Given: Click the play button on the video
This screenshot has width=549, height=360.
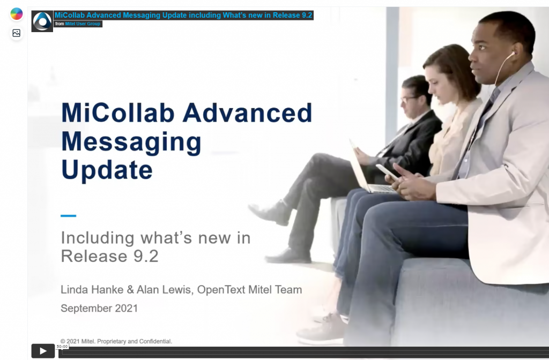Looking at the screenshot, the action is pyautogui.click(x=43, y=351).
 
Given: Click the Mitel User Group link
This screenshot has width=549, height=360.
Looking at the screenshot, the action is pyautogui.click(x=83, y=24).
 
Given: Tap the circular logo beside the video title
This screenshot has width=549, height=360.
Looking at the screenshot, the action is pyautogui.click(x=42, y=21).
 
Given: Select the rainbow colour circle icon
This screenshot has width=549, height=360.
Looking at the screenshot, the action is pyautogui.click(x=17, y=14).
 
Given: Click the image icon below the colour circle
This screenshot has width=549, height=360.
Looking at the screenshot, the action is pyautogui.click(x=17, y=33).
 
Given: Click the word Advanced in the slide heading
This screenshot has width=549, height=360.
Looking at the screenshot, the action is pyautogui.click(x=247, y=112).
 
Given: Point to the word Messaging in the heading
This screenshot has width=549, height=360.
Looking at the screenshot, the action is pyautogui.click(x=131, y=142).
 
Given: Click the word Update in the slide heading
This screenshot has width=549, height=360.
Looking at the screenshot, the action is pyautogui.click(x=107, y=170).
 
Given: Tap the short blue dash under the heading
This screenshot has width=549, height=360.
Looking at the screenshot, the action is pyautogui.click(x=68, y=216).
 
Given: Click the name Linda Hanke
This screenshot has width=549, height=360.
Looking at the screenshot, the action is pyautogui.click(x=92, y=290).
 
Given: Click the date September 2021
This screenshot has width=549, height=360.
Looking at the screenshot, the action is pyautogui.click(x=99, y=308).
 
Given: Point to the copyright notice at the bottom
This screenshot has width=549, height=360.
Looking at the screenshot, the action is pyautogui.click(x=116, y=341).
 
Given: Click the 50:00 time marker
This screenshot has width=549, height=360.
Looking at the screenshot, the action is pyautogui.click(x=62, y=347).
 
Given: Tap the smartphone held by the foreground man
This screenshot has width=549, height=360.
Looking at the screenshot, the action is pyautogui.click(x=387, y=172).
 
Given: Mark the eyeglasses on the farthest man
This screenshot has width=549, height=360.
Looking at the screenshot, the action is pyautogui.click(x=409, y=99).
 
